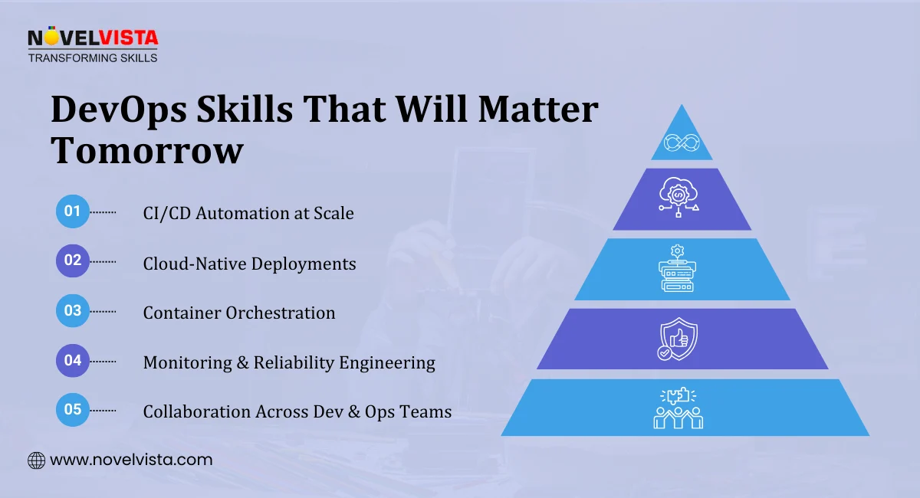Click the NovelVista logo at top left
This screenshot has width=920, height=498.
(92, 45)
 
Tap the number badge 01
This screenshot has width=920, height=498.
(73, 212)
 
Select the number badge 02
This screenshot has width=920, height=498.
(73, 260)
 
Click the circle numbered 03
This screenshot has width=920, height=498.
(73, 311)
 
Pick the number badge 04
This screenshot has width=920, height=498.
(73, 360)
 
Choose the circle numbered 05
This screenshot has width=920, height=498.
(73, 409)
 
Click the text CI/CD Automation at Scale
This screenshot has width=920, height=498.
(248, 213)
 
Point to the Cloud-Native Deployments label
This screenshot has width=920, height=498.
(249, 264)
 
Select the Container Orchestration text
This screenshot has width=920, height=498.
(239, 313)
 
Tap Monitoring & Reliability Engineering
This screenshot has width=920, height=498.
(289, 362)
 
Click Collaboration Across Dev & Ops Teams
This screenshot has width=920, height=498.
(297, 411)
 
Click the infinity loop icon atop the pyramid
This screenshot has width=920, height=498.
(682, 143)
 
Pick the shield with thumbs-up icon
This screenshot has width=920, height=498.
(678, 339)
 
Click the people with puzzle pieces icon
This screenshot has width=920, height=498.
(678, 408)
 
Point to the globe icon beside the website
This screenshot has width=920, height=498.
(36, 460)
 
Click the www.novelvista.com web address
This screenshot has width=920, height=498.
(131, 460)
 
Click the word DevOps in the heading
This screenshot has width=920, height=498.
(120, 112)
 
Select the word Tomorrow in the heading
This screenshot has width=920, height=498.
(147, 151)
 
